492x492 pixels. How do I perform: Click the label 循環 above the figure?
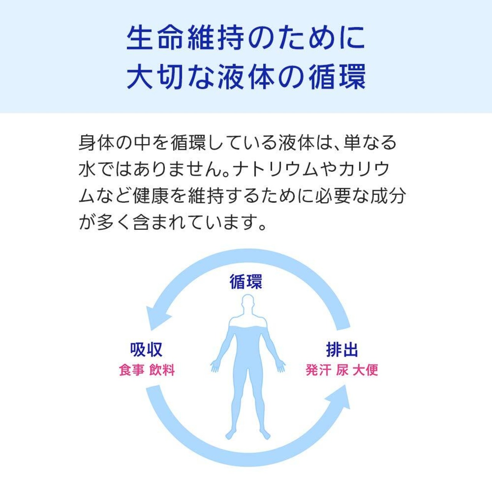pos(246,282)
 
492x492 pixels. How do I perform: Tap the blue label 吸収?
pos(146,349)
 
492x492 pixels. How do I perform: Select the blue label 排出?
pos(342,349)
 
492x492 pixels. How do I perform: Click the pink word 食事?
pos(131,370)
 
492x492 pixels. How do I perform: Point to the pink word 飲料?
pos(162,370)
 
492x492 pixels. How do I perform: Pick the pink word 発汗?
pos(318,370)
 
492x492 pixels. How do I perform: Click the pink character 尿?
pos(342,370)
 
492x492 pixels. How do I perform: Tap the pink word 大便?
pos(366,370)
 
